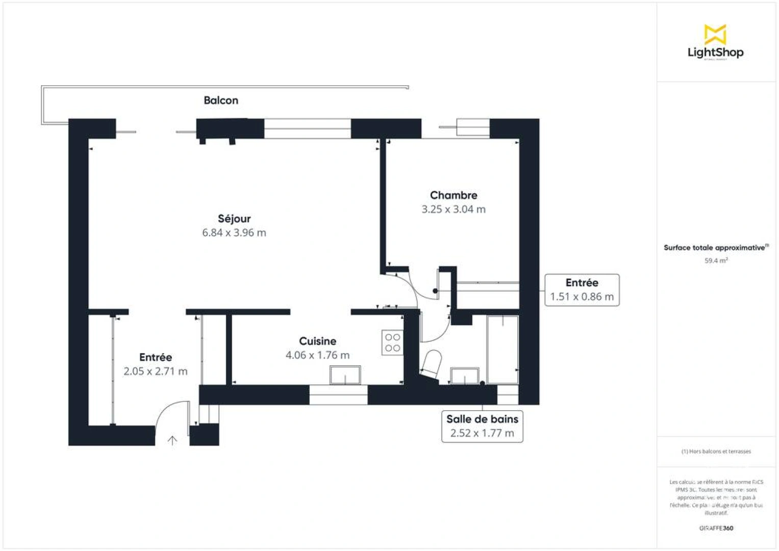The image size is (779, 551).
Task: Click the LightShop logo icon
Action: coord(715,34)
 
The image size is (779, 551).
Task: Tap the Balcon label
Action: coord(221,101)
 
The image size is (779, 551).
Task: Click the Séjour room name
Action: coord(234,219)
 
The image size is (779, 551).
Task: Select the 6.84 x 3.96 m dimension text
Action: coord(234,233)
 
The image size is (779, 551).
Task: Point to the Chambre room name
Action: coord(454,195)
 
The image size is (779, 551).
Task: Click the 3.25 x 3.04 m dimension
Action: coord(454,209)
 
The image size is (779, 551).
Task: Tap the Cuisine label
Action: coord(317,341)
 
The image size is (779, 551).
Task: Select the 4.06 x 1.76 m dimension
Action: coord(317,355)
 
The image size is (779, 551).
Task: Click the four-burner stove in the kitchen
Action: coord(392,343)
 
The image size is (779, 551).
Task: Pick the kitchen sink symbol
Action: coord(345,375)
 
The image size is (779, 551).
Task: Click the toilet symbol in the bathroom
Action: coord(432,364)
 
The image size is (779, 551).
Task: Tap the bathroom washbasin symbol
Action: coord(465,376)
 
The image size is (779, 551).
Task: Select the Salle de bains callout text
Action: coord(482,419)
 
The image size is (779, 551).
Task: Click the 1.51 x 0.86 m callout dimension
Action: coord(582,297)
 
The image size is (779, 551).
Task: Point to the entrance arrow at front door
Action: coord(172,440)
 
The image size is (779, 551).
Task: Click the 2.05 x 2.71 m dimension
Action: coord(156,371)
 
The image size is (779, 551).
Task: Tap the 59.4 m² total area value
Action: coord(716,261)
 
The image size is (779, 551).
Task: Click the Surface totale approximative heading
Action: coord(715,248)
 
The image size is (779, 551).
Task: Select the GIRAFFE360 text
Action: coord(716,528)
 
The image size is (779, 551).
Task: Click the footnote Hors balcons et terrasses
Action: coord(716,452)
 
